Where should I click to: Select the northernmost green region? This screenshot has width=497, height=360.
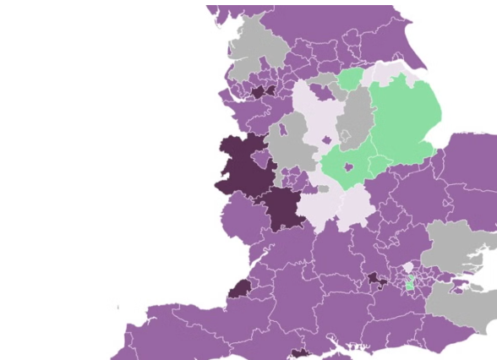(x=350, y=81)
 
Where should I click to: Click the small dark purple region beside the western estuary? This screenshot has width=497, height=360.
(x=239, y=287)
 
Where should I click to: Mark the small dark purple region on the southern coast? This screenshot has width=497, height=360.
(x=300, y=354)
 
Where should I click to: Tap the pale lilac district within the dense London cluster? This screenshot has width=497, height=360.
(x=409, y=268)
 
